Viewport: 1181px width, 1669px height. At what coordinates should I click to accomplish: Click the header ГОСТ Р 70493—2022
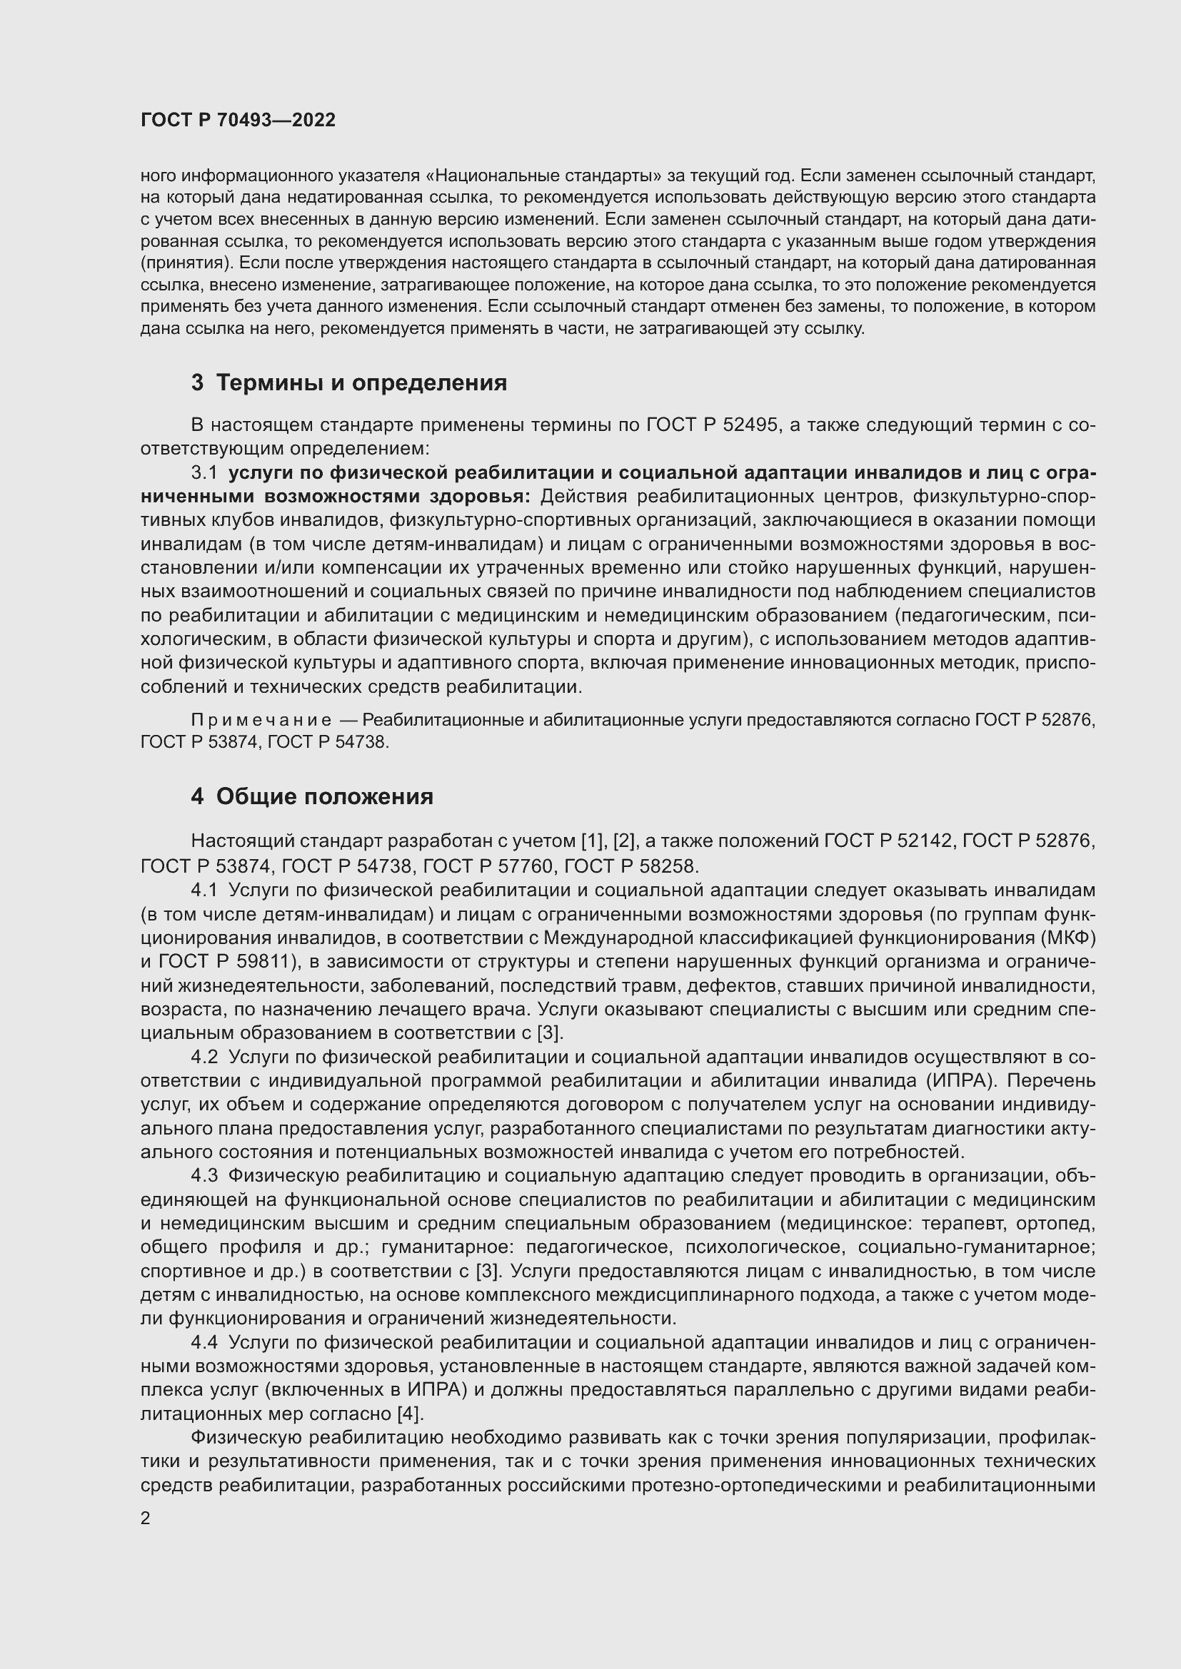click(238, 120)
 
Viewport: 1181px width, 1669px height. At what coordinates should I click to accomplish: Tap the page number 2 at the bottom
click(146, 1518)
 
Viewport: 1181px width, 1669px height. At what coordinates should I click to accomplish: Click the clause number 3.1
click(204, 473)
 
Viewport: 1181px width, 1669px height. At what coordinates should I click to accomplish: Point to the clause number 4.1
click(204, 891)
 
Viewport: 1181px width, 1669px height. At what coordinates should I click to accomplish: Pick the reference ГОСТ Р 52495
click(713, 425)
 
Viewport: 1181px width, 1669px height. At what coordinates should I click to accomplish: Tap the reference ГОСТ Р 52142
click(888, 841)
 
